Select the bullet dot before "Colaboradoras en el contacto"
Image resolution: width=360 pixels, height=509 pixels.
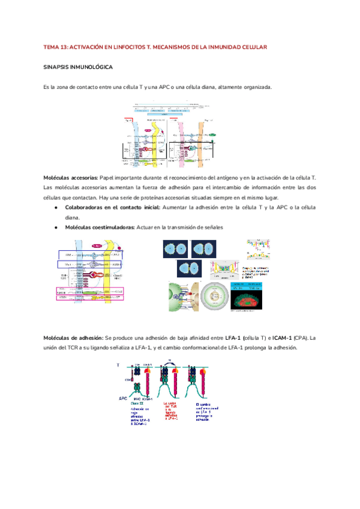pyautogui.click(x=55, y=207)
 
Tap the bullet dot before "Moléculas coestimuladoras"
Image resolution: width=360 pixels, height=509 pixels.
pyautogui.click(x=55, y=227)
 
